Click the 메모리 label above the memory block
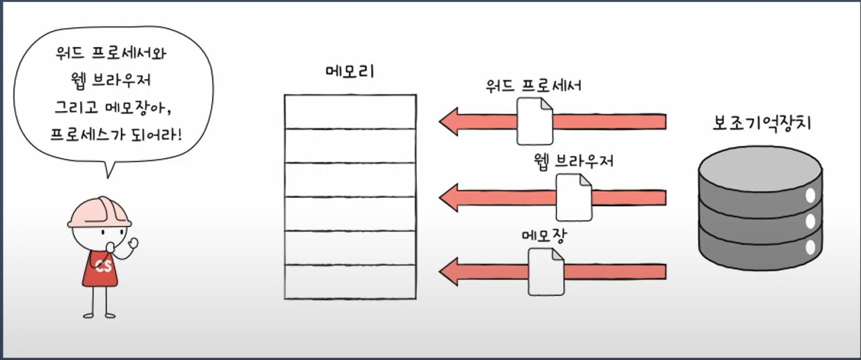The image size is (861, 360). tap(350, 71)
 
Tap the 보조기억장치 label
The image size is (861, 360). tap(762, 123)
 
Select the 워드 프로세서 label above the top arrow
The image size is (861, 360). tap(534, 86)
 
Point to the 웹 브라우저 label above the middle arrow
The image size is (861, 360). tap(573, 161)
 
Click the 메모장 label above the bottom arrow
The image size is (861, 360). tap(544, 235)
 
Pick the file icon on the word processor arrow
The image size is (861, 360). tap(535, 121)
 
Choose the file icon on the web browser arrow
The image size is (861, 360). tap(574, 197)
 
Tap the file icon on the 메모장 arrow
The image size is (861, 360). tap(546, 272)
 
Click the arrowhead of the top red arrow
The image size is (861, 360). tap(449, 121)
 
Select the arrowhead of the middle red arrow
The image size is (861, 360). tap(449, 197)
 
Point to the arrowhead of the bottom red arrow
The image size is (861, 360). tap(449, 272)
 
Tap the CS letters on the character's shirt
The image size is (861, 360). tap(103, 266)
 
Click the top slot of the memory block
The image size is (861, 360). tap(350, 112)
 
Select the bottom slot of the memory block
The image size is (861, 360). tap(350, 282)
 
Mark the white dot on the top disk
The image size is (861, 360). tap(810, 196)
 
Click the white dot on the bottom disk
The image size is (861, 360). tap(810, 247)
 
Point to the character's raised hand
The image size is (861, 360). tap(132, 243)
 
